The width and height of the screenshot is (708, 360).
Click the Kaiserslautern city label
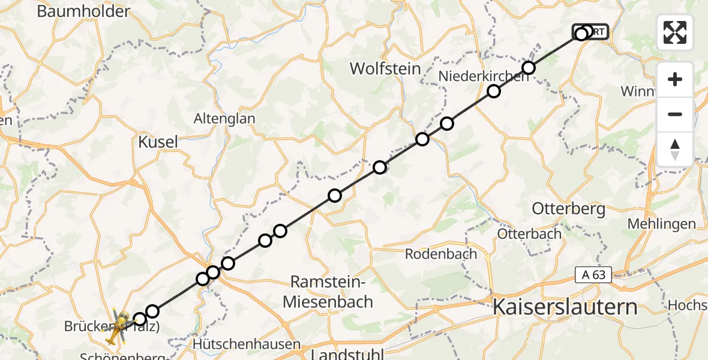[x=565, y=307]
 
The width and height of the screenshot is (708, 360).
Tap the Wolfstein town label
[x=385, y=68]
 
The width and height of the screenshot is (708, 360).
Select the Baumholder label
[x=83, y=11]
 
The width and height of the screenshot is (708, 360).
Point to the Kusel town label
[x=158, y=142]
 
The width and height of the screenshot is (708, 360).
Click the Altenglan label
[x=224, y=119]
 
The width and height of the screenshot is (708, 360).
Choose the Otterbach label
[x=529, y=233]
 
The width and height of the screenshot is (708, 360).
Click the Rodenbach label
[x=441, y=254]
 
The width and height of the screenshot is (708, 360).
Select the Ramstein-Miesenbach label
[x=328, y=292]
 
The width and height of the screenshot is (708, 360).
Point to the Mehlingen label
[x=661, y=224]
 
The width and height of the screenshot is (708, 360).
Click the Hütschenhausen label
[x=247, y=344]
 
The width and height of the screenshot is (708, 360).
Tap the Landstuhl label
[x=346, y=354]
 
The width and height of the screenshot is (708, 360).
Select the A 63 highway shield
[x=594, y=275]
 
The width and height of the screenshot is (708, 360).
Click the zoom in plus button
[x=675, y=79]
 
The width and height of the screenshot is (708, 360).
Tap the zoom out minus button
[x=675, y=114]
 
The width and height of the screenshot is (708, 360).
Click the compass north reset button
[x=675, y=149]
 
